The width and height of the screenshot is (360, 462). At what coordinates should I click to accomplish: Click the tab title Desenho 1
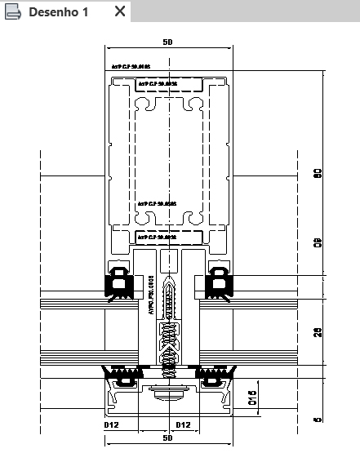click(58, 11)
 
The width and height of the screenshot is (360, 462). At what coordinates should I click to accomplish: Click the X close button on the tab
click(119, 11)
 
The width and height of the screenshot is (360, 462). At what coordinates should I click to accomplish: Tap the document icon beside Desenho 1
click(13, 11)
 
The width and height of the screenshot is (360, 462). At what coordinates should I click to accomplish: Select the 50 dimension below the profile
click(167, 438)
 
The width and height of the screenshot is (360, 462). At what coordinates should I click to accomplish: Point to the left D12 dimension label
click(113, 424)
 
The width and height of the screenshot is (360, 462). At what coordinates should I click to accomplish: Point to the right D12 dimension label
click(184, 424)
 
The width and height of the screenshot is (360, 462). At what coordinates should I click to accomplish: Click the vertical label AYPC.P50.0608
click(151, 300)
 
